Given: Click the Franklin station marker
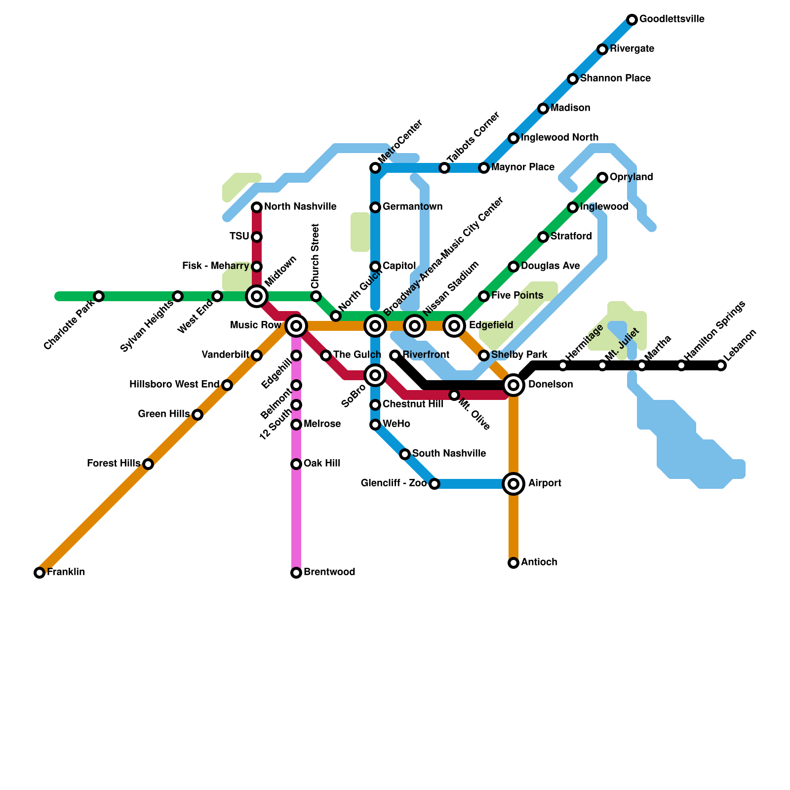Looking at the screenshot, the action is click(x=39, y=573).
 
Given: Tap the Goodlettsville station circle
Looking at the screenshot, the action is click(x=632, y=20).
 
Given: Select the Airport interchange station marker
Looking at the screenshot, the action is click(x=513, y=484).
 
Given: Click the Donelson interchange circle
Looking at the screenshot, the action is click(x=513, y=385).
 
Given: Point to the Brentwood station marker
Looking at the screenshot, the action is click(x=296, y=573).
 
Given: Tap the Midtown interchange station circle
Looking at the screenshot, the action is click(x=257, y=296).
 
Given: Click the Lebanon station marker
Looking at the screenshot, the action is click(x=721, y=365).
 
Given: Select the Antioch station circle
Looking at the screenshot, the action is click(x=513, y=563).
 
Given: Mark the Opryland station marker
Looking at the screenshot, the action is click(x=602, y=178).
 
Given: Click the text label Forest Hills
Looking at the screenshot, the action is click(x=113, y=464).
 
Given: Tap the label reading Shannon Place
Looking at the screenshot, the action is click(x=615, y=79).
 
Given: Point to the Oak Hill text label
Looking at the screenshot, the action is click(x=322, y=464).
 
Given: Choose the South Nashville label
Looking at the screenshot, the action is click(x=449, y=454).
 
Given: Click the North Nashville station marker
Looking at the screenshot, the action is click(x=257, y=207).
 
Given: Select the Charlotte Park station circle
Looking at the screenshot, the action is click(x=99, y=296).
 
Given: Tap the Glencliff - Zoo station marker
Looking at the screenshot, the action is click(x=434, y=484).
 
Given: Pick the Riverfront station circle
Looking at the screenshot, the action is click(x=395, y=355).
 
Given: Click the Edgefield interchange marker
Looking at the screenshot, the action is click(x=454, y=326).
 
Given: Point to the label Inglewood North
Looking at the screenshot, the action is click(x=559, y=138).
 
